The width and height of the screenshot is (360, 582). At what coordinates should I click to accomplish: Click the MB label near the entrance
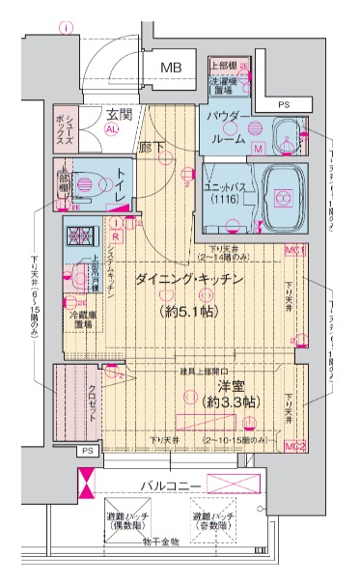(x=172, y=68)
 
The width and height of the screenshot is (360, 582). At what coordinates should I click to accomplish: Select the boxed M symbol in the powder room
(x=258, y=149)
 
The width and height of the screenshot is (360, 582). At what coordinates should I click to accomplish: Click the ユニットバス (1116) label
(x=227, y=189)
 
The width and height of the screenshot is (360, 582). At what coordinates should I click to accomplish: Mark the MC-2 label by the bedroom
(x=295, y=445)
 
